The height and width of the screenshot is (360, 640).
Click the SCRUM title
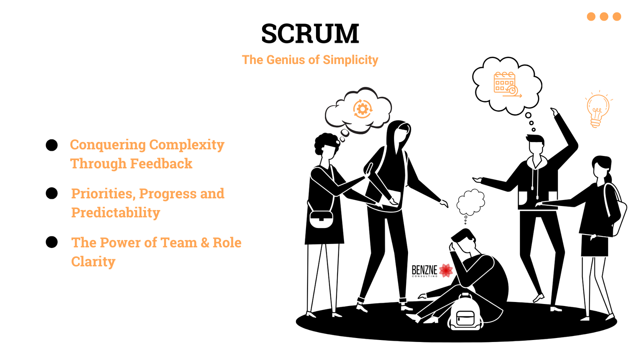coord(310,34)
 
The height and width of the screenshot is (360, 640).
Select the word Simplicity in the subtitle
coord(350,60)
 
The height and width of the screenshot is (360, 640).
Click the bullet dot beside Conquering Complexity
coord(52,145)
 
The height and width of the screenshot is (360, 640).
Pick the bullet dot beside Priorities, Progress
coord(52,194)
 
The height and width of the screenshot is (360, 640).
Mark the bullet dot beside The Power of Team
coord(52,242)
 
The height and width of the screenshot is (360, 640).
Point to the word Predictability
coord(116,213)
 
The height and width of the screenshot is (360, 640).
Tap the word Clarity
coord(93,262)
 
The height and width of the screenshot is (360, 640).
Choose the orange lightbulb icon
coord(598,109)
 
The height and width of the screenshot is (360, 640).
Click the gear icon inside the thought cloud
coord(362,109)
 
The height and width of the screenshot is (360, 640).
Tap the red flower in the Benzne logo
coord(446,270)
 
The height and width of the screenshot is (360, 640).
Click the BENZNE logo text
coord(424,271)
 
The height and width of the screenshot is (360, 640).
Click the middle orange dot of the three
coord(604,16)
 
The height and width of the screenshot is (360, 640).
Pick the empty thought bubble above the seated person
coord(471,202)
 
